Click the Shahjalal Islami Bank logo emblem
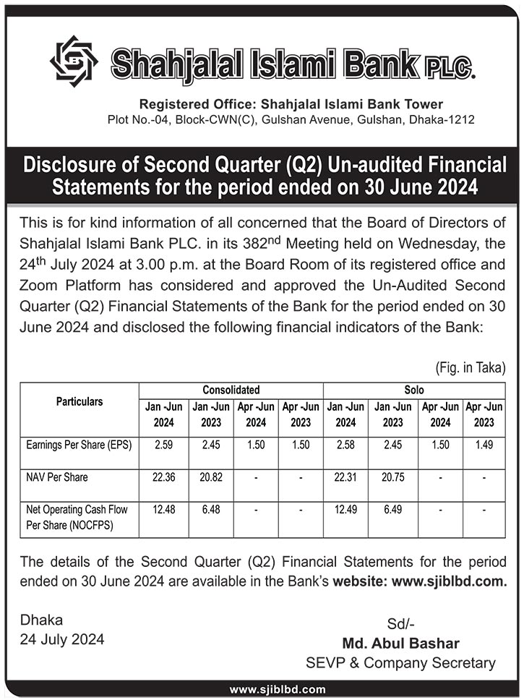[x=74, y=61]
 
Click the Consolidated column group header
[x=231, y=389]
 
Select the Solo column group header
[x=414, y=389]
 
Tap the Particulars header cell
[x=80, y=401]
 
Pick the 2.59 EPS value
[x=163, y=445]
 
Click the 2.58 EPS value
[x=345, y=445]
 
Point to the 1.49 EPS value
[x=484, y=445]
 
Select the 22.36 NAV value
[x=163, y=478]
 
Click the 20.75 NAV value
[x=392, y=478]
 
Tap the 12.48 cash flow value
[x=163, y=510]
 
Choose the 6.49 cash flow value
[x=392, y=510]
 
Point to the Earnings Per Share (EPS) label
[x=78, y=445]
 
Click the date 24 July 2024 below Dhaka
[x=62, y=639]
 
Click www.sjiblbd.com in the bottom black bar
[x=277, y=690]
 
